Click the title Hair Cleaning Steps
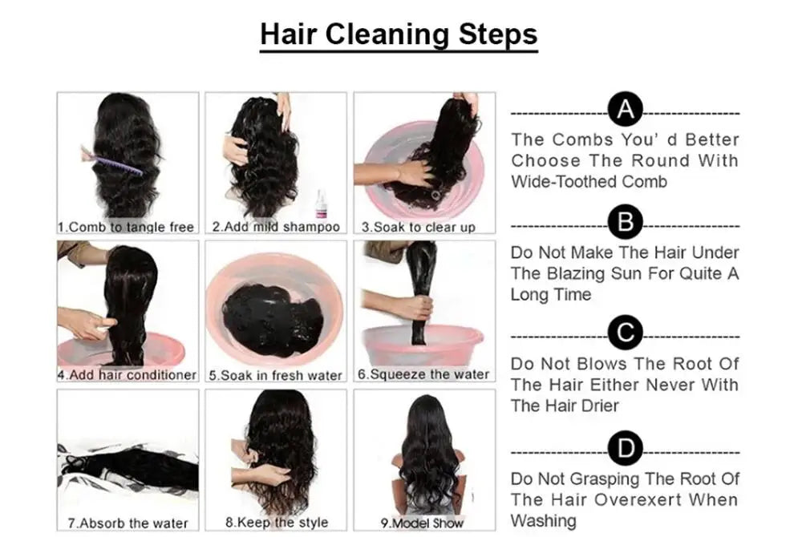coord(399,34)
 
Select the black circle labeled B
coord(625,222)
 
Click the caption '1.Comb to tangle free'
coord(126,227)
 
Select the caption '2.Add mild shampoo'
coord(276,227)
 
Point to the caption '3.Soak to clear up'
coord(419,227)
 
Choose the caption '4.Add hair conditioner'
coord(127,375)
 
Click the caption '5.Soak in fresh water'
coord(276,375)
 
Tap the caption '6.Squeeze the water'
coord(423,374)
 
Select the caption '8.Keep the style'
coord(277,523)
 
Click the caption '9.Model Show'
coord(423,523)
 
